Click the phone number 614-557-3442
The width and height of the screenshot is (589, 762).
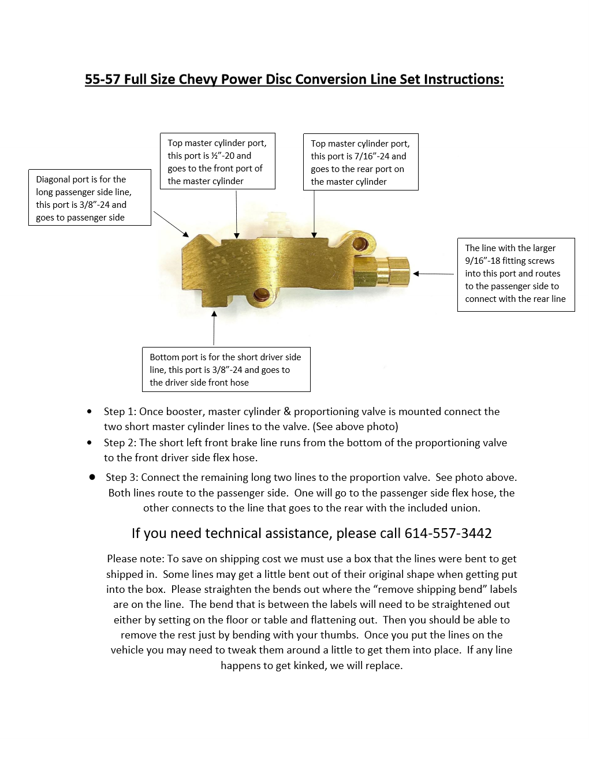click(448, 533)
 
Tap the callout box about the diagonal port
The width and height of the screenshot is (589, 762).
click(90, 197)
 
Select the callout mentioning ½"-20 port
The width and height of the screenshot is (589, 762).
click(217, 161)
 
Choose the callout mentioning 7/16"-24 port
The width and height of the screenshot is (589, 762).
click(360, 162)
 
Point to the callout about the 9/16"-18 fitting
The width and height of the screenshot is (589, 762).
click(516, 274)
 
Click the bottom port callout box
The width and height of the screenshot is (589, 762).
click(226, 369)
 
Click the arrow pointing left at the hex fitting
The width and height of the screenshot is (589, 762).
click(433, 274)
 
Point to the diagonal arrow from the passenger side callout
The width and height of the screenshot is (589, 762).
click(171, 224)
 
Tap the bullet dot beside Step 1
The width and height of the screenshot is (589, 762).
click(89, 412)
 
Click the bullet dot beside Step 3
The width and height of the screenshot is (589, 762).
click(92, 477)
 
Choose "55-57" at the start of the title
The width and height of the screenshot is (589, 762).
click(102, 79)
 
